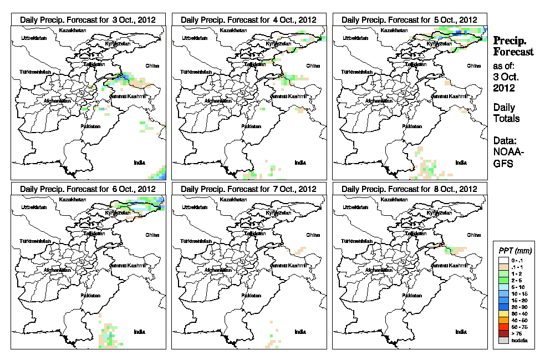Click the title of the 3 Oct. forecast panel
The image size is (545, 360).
(x=88, y=19)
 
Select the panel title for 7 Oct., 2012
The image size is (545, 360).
(x=248, y=189)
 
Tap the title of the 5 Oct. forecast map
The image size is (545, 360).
(x=409, y=19)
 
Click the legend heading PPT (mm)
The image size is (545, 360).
(x=513, y=251)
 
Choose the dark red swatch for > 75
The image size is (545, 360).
(x=503, y=333)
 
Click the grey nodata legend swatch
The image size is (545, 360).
(x=503, y=340)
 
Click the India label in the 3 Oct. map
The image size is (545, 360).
(x=139, y=162)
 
